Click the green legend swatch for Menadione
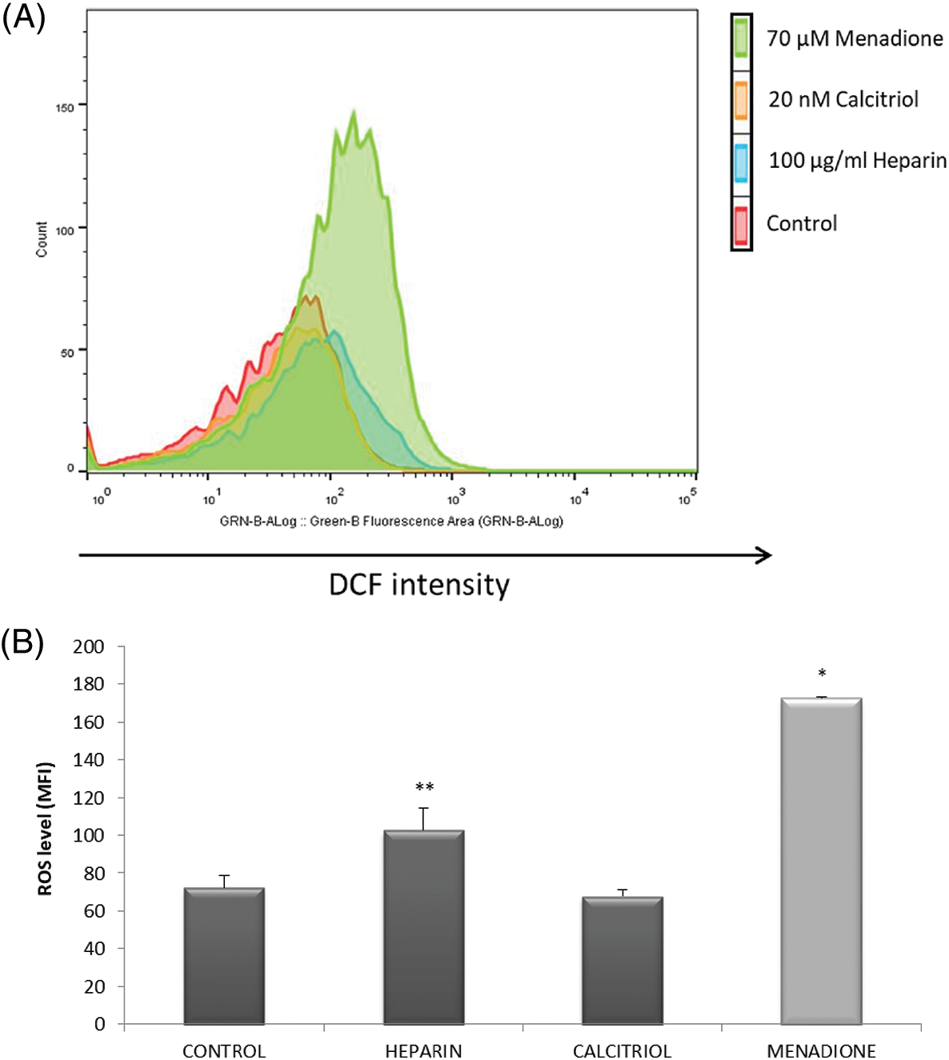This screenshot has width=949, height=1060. point(742,38)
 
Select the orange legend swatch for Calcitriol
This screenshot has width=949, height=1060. point(742,100)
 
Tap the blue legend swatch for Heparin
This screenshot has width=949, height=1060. point(742,162)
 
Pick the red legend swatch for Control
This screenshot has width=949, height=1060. point(742,225)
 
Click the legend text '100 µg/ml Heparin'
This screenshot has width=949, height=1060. point(857,161)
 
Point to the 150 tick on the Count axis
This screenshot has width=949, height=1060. point(65,107)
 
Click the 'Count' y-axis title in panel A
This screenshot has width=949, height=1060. point(42,239)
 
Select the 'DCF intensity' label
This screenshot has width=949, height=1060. point(418,585)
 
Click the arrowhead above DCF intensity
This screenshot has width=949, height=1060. point(764,555)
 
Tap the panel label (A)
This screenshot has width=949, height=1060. point(23,16)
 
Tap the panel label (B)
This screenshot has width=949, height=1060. point(22,642)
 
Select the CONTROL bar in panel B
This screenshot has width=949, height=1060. point(224,956)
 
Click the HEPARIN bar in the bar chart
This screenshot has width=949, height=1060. point(423,928)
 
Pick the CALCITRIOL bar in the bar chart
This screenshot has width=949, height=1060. point(623,961)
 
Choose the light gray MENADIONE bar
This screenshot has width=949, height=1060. point(821,862)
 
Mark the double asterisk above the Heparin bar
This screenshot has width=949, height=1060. point(424,788)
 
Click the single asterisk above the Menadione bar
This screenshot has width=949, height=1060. point(822,674)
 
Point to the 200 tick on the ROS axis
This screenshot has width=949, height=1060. point(89,646)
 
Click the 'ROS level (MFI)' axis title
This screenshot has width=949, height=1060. point(45,829)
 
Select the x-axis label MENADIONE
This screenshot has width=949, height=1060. point(821,1050)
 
